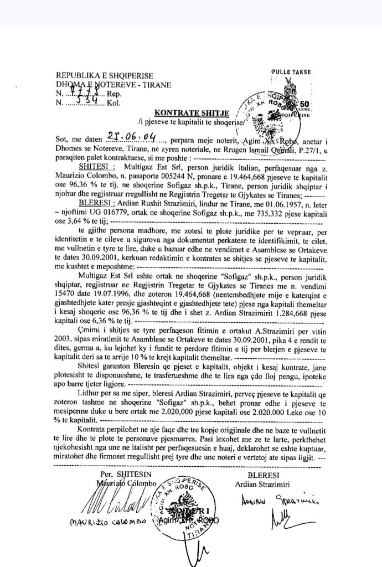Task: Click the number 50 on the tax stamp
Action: coord(304,104)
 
